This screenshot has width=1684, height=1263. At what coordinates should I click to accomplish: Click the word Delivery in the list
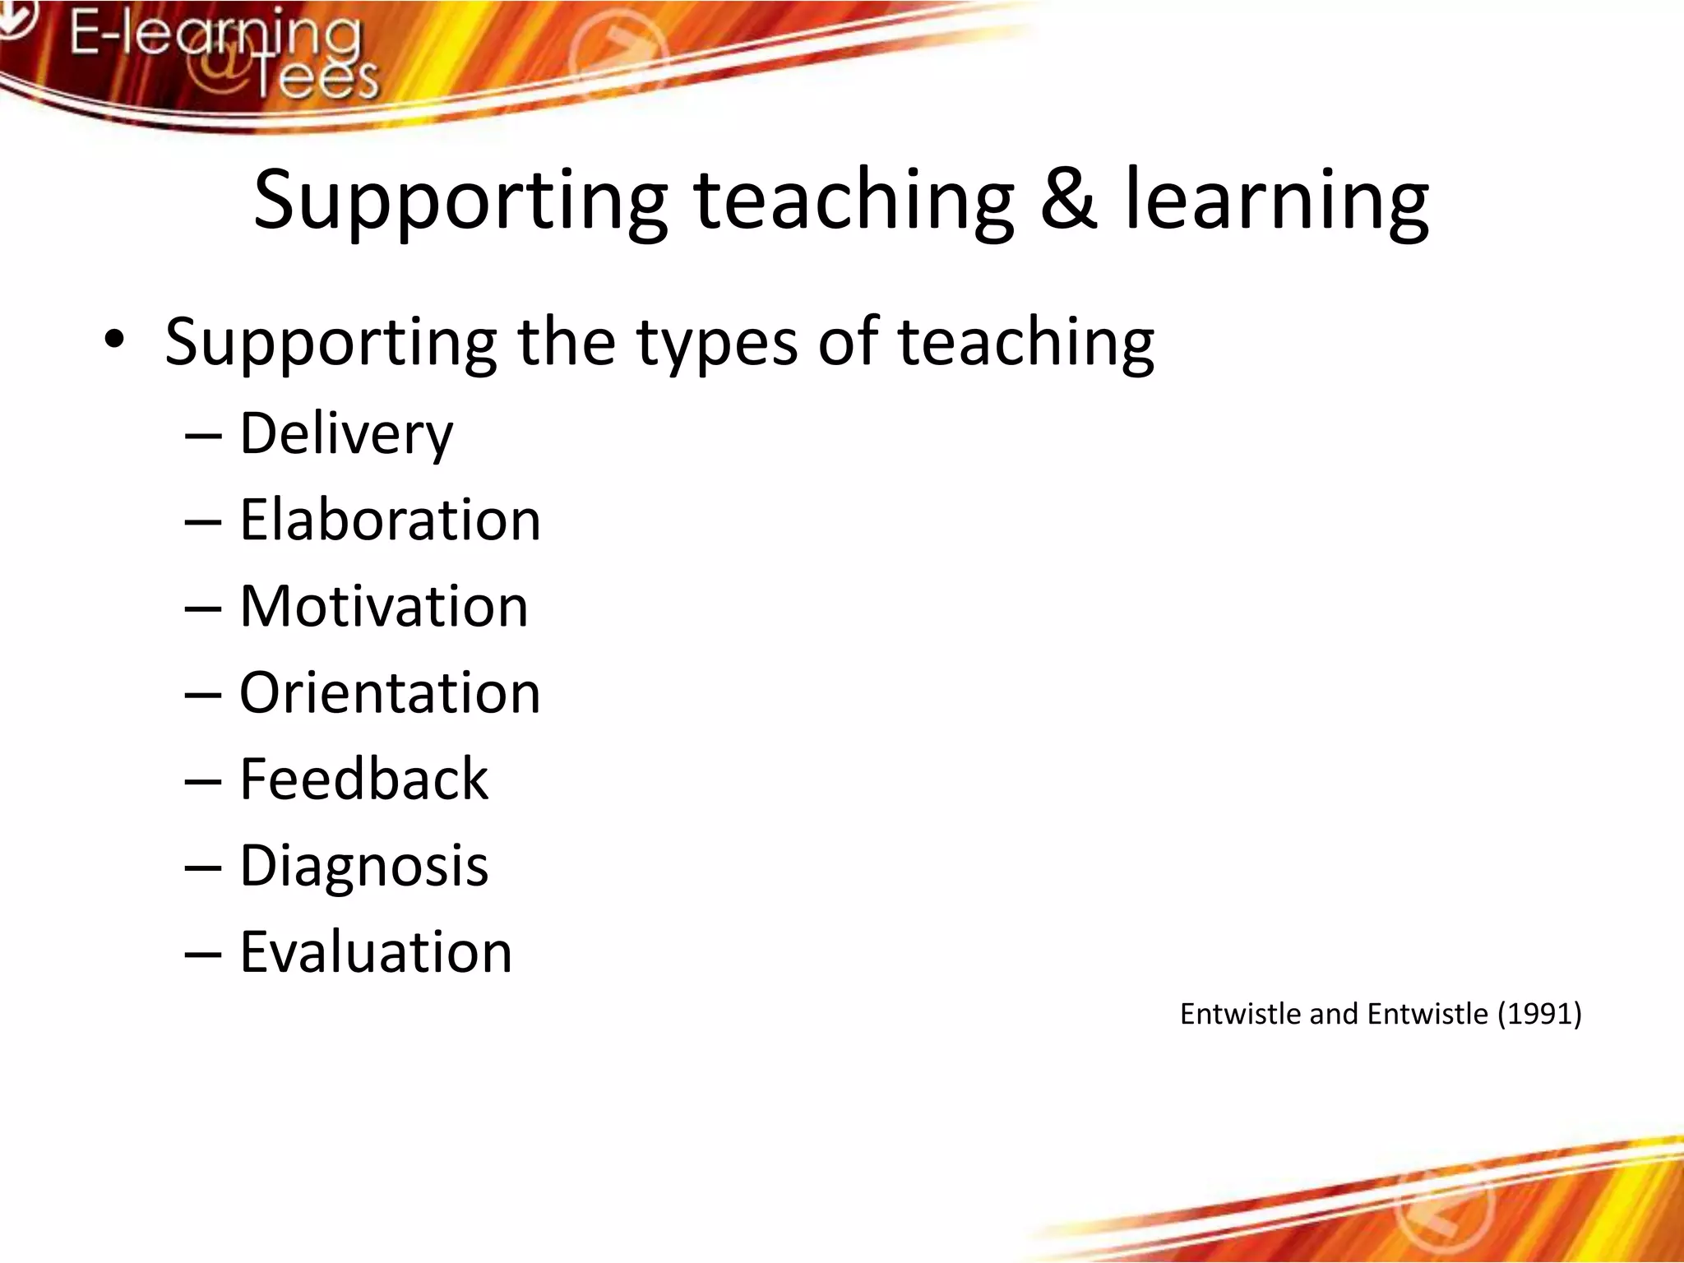coord(345,434)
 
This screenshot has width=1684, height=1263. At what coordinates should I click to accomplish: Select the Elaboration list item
coord(390,520)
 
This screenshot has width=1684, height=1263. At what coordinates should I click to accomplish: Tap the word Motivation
coord(383,607)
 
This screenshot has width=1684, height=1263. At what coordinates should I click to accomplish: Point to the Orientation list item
coord(390,693)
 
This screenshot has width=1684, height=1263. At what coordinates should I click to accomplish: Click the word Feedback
coord(363,780)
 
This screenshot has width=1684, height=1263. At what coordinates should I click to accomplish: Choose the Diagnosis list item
coord(363,866)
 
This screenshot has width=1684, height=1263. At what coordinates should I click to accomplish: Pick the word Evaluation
coord(376,952)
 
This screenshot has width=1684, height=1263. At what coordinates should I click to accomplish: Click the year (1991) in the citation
coord(1539,1014)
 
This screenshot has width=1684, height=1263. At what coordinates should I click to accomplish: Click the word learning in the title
coord(1277,202)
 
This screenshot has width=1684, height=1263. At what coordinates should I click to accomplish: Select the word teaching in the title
coord(854,202)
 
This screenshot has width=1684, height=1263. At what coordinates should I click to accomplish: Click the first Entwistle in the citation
coord(1242,1014)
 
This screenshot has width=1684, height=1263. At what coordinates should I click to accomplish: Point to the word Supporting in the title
coord(460,202)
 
